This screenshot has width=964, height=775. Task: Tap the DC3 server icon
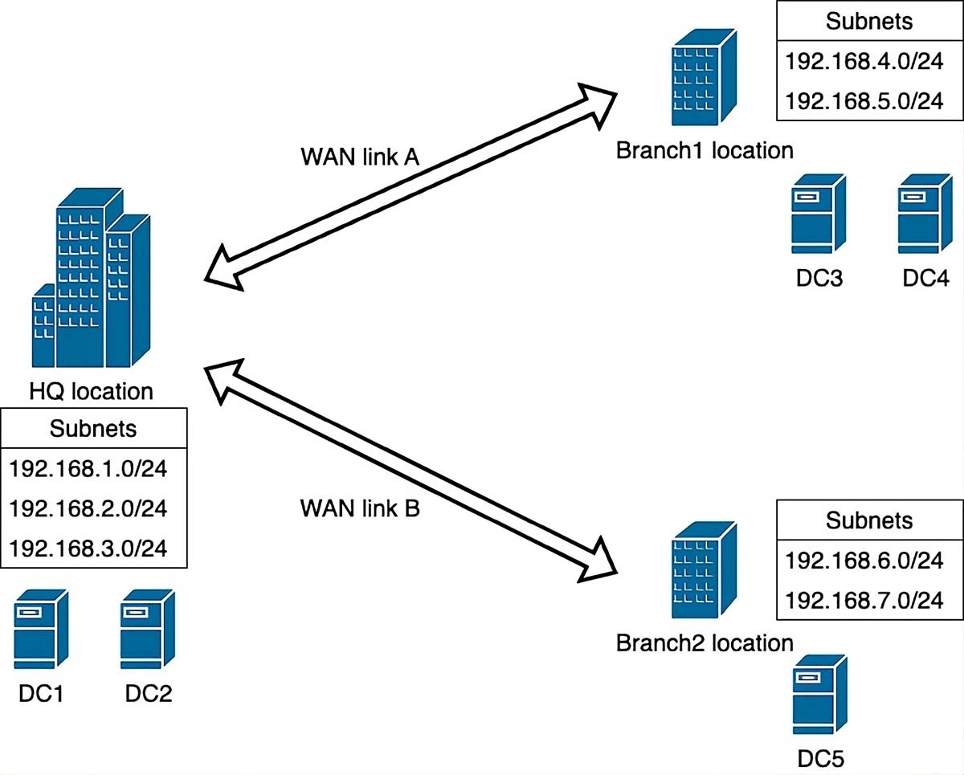(x=818, y=215)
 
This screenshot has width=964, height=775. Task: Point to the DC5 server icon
(x=820, y=697)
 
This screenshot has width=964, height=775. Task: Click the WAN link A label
(x=360, y=157)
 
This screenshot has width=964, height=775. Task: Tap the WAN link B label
(x=360, y=508)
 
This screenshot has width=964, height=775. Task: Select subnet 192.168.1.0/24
(x=88, y=469)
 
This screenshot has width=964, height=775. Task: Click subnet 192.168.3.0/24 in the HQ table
(x=88, y=549)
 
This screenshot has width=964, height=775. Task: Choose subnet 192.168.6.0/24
(x=864, y=561)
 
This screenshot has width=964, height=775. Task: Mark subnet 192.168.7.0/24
(x=864, y=600)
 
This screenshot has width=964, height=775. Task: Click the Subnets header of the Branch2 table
(x=869, y=520)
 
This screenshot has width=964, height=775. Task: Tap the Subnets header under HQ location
(x=93, y=429)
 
